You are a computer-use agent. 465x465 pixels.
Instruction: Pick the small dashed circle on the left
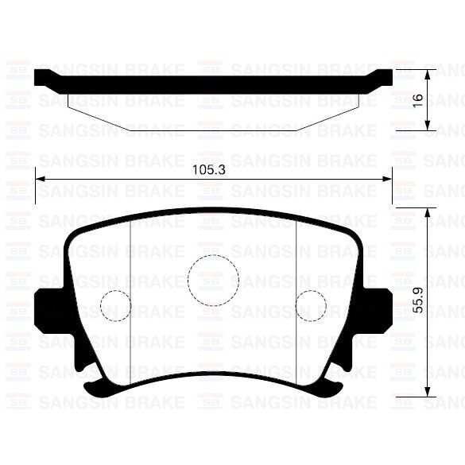(114, 306)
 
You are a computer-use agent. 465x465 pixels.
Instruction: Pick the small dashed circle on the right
(312, 306)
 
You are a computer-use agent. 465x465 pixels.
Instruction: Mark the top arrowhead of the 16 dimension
(428, 73)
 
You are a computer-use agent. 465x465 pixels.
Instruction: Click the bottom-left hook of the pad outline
(97, 389)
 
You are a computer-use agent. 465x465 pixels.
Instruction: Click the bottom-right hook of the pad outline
(330, 389)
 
